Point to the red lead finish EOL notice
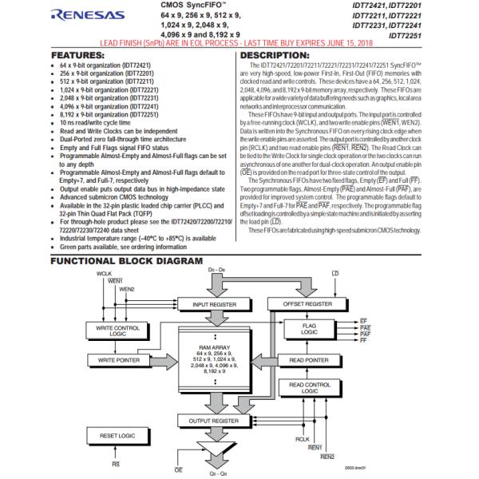[x=239, y=42]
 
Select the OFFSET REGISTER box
[x=308, y=304]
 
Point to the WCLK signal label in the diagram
[x=104, y=274]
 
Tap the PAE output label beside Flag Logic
[x=365, y=327]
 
